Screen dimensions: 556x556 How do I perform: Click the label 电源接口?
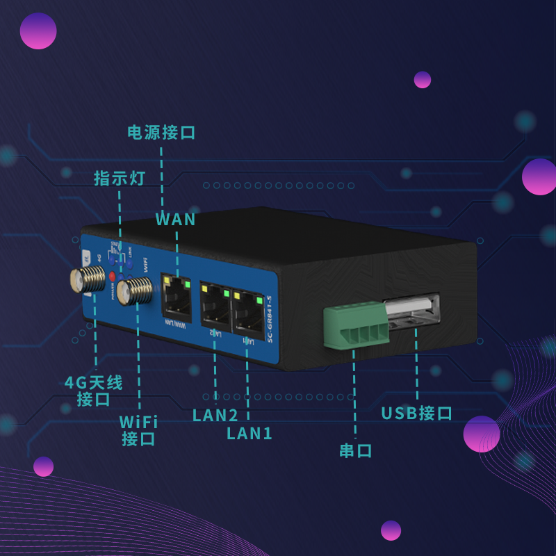point(161,132)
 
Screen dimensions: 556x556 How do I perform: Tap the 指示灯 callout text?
point(120,177)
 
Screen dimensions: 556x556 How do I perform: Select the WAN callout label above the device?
point(175,220)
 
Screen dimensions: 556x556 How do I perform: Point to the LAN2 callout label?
point(215,416)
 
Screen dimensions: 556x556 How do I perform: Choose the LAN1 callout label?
point(250,434)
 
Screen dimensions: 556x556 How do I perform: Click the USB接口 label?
point(416,414)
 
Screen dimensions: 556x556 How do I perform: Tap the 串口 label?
point(355,450)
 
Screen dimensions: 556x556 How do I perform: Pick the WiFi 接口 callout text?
point(138,430)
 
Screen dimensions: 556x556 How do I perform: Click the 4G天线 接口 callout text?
point(94,391)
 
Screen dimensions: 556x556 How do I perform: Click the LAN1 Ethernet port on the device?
point(249,313)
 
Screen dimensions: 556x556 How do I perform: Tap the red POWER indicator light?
point(112,277)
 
